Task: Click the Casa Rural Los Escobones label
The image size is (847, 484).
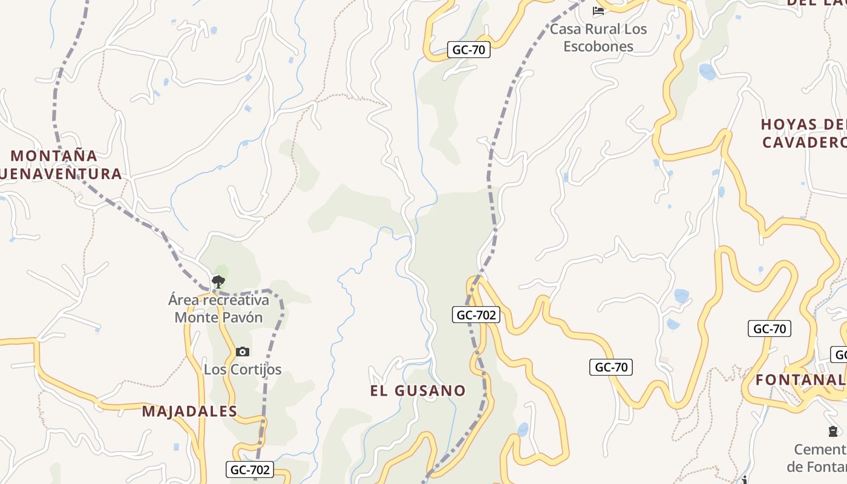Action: pos(598,38)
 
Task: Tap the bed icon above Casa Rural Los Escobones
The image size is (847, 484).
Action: pos(598,10)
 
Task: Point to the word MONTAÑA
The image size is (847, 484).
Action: pos(54,155)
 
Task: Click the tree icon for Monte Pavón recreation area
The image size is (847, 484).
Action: pos(218,281)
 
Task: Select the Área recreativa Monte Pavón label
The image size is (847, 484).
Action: pos(218,309)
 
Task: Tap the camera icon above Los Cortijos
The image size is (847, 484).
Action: pos(242,352)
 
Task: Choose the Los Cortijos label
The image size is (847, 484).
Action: pos(243,369)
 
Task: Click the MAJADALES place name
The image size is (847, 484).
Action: pos(189,411)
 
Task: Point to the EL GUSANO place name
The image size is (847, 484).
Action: pos(418,390)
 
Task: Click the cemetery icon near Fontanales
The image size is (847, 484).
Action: pos(833,431)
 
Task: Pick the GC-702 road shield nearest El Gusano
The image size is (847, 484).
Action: pos(476,315)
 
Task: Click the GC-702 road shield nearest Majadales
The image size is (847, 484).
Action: pos(250,469)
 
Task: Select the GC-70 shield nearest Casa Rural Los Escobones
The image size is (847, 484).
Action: pos(469,50)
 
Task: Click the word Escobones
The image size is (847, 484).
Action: pos(598,46)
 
